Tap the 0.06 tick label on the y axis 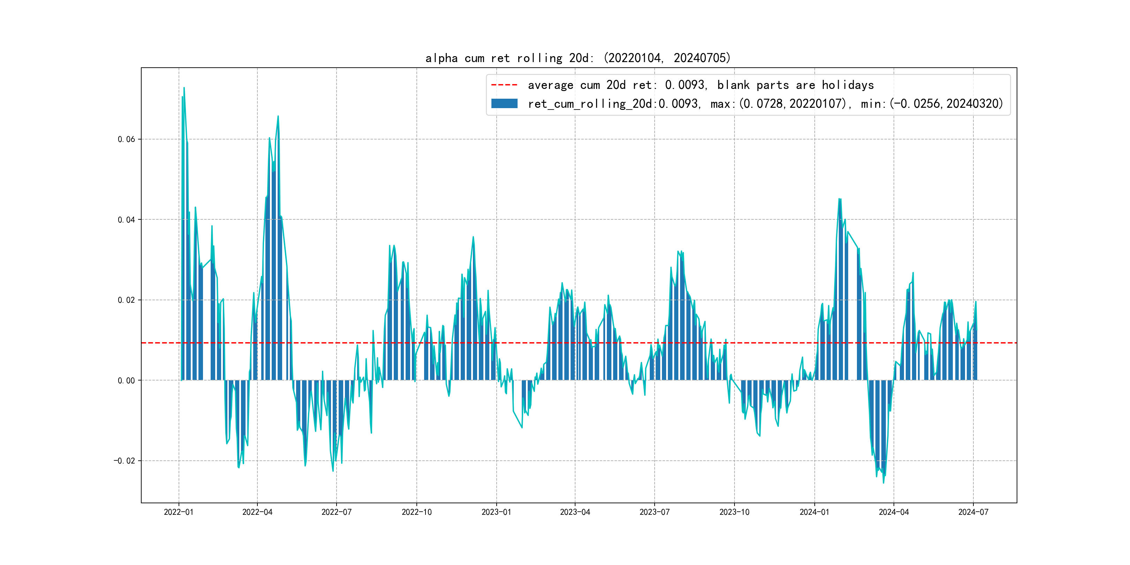click(x=126, y=140)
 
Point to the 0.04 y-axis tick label click(x=126, y=220)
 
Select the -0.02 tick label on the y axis click(x=125, y=461)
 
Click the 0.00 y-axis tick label click(x=126, y=381)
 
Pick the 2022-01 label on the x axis click(x=179, y=512)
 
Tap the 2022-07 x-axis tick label click(x=337, y=512)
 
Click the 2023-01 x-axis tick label click(x=496, y=512)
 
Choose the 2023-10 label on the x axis click(x=734, y=512)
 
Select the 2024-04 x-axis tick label click(x=894, y=512)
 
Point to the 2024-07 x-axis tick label click(x=973, y=512)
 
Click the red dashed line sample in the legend click(x=504, y=85)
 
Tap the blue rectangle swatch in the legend click(x=504, y=104)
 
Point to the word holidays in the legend click(x=847, y=85)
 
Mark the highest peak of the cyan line click(x=184, y=88)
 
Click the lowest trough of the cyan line click(x=883, y=483)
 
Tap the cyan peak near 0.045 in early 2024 click(x=839, y=199)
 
